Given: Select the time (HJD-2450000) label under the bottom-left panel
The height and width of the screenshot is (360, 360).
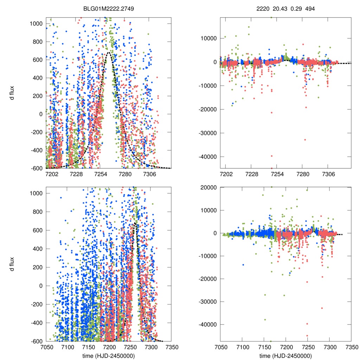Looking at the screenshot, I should click(108, 355).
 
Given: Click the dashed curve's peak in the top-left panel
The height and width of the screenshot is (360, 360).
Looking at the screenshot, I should click(109, 52).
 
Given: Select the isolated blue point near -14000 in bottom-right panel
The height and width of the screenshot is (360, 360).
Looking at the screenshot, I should click(243, 265).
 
